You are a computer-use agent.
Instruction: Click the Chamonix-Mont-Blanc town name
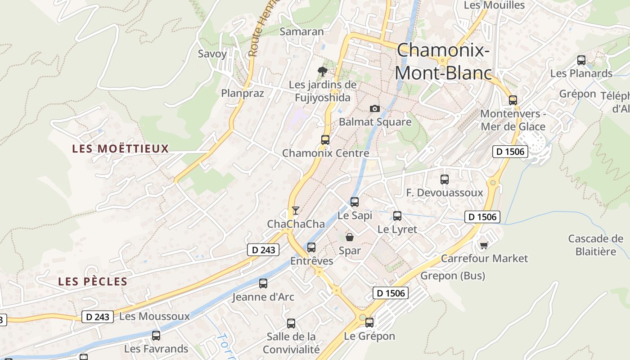[x=443, y=61]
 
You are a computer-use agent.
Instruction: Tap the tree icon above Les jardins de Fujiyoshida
[x=322, y=71]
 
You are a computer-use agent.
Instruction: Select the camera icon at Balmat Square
[x=374, y=108]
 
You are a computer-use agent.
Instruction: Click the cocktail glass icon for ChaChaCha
[x=295, y=210]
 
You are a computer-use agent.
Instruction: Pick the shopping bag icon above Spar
[x=350, y=237]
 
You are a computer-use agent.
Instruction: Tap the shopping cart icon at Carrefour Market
[x=484, y=245]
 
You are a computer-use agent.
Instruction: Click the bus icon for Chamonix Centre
[x=325, y=139]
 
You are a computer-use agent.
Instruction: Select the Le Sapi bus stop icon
[x=355, y=202]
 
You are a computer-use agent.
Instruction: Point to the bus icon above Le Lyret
[x=397, y=216]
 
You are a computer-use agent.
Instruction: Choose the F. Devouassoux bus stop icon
[x=445, y=179]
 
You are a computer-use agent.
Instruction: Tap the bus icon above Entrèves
[x=311, y=247]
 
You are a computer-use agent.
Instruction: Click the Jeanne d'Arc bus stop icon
[x=263, y=283]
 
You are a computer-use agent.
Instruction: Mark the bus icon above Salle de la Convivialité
[x=291, y=323]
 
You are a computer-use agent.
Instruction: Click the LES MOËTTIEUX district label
[x=121, y=148]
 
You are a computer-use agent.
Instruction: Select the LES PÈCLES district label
[x=93, y=282]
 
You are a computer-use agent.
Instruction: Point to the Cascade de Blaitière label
[x=596, y=245]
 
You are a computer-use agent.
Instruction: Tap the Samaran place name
[x=301, y=31]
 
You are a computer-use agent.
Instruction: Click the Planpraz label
[x=243, y=93]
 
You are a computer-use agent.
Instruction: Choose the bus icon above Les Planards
[x=581, y=60]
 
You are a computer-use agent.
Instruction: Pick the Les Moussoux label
[x=154, y=316]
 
